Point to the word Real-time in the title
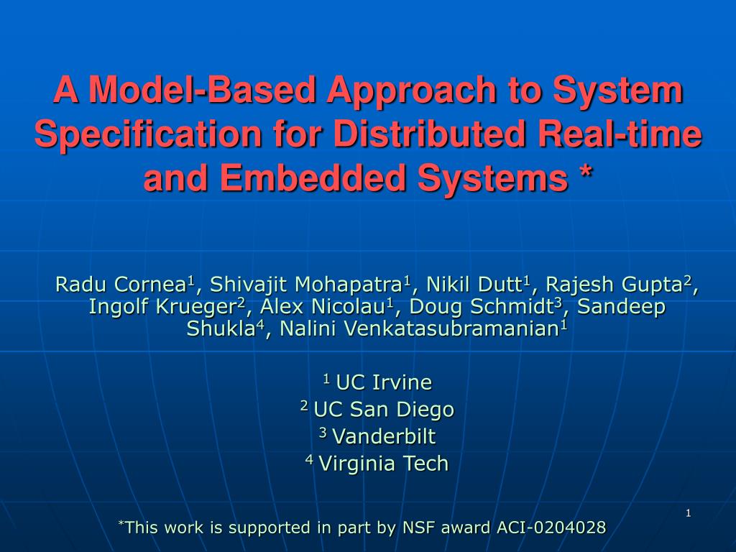(x=622, y=134)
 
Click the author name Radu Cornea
(x=121, y=285)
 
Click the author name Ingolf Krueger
(x=163, y=307)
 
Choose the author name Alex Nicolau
(x=322, y=307)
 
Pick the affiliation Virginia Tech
(x=383, y=464)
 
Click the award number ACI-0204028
(x=551, y=528)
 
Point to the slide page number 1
(x=688, y=512)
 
